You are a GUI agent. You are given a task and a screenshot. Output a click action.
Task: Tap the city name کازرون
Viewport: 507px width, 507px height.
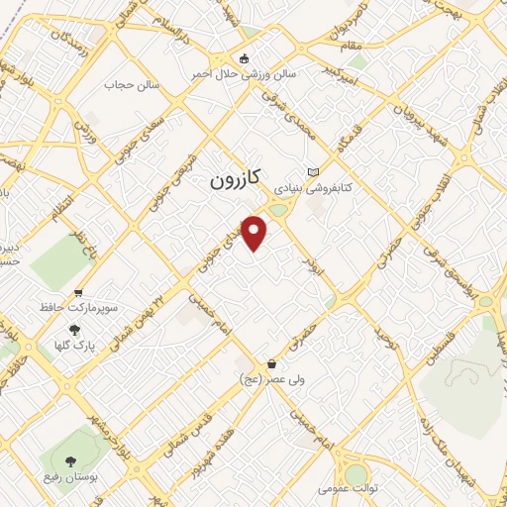point(235,179)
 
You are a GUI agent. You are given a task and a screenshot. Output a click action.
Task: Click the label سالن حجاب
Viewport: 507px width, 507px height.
point(127,84)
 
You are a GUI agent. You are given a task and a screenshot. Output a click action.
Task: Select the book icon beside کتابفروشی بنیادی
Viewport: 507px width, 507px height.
point(314,170)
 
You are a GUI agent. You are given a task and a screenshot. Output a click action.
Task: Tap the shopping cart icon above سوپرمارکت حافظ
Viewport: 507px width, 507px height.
point(78,292)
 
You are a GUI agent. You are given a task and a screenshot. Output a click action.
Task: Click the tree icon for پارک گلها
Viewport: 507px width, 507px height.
point(73,331)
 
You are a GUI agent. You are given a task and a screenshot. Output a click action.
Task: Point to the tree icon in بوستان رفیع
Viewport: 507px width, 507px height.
point(70,460)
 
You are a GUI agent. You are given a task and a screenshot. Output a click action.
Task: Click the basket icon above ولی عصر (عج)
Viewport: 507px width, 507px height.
point(271,363)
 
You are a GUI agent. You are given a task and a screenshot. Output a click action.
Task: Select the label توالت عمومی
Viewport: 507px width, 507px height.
point(343,489)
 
